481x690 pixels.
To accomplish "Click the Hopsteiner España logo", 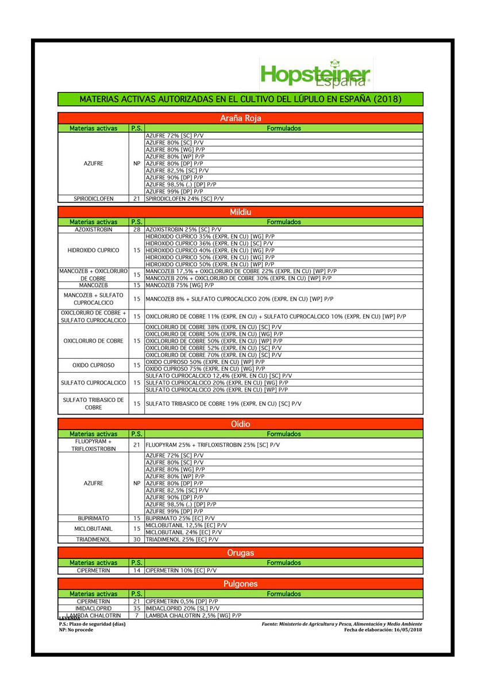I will click(315, 75).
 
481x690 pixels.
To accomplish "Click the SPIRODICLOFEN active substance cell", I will click(93, 198).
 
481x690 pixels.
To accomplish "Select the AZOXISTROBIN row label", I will click(93, 229).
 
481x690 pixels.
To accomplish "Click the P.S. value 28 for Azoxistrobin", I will click(137, 229).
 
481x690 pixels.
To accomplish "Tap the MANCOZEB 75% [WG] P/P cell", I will click(180, 285).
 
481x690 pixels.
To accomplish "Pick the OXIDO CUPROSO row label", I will click(93, 365).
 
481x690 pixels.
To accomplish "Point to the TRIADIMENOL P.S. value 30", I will click(137, 540).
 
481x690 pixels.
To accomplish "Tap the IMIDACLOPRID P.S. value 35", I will click(137, 608).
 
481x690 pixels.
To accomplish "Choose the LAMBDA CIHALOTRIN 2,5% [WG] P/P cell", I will click(194, 615).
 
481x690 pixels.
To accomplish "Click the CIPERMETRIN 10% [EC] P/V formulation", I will click(181, 570).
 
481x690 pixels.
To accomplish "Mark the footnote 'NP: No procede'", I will click(76, 630).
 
